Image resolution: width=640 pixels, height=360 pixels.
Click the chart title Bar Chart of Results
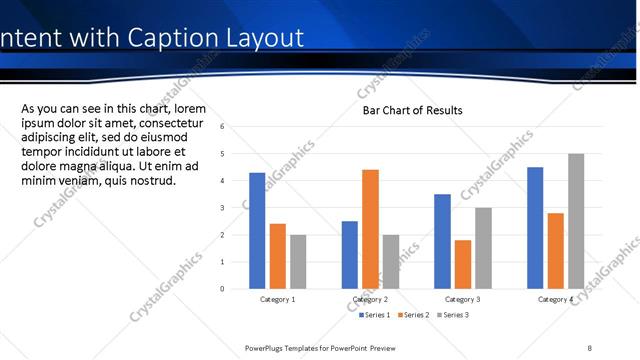[412, 110]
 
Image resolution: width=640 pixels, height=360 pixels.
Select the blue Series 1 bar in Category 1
[257, 231]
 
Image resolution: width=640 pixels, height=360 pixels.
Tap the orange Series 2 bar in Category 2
[370, 229]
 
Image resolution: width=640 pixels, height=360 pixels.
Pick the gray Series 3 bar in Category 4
[576, 221]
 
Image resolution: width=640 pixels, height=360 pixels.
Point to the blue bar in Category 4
[535, 228]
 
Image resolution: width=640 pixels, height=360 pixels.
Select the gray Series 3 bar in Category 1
[298, 262]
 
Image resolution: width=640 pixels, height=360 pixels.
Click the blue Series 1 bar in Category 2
[349, 255]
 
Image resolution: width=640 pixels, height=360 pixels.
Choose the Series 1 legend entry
[375, 315]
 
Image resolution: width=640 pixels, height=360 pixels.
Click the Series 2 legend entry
[413, 315]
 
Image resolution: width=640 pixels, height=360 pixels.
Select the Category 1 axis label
[277, 299]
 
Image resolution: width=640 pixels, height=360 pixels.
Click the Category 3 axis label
[462, 299]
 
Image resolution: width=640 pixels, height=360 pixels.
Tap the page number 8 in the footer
[590, 348]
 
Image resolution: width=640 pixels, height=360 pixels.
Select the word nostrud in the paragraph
[149, 180]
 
